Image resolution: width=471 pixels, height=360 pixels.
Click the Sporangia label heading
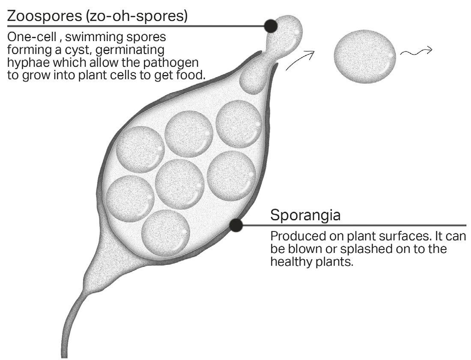pyautogui.click(x=305, y=215)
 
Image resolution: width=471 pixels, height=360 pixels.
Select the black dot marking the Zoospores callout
pyautogui.click(x=271, y=26)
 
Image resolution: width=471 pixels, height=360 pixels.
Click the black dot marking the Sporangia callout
pyautogui.click(x=235, y=225)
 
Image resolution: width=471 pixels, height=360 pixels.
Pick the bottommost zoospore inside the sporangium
pyautogui.click(x=166, y=231)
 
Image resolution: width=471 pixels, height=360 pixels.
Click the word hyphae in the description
pyautogui.click(x=24, y=63)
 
